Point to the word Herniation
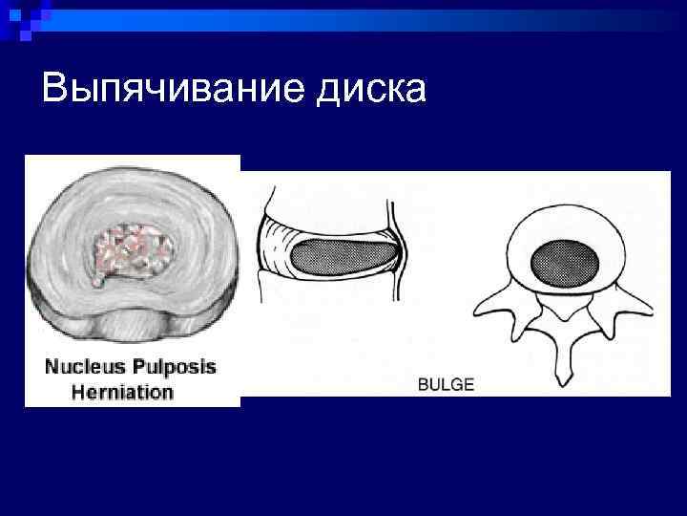123,392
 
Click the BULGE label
445,385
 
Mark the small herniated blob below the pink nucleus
98,282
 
